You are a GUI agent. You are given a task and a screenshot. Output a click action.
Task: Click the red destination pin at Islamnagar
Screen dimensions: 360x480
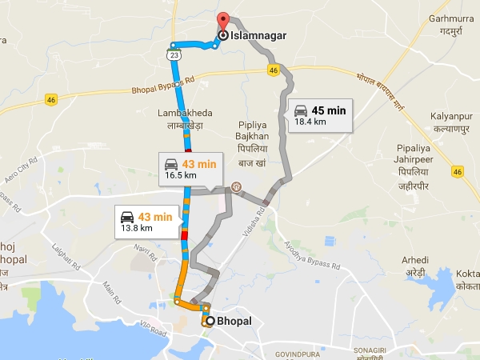223,22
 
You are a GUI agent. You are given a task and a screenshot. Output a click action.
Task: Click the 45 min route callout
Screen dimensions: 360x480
320,115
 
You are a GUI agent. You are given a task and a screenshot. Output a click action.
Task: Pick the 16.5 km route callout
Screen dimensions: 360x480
190,168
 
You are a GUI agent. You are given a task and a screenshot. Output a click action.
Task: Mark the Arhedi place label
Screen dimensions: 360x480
415,266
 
